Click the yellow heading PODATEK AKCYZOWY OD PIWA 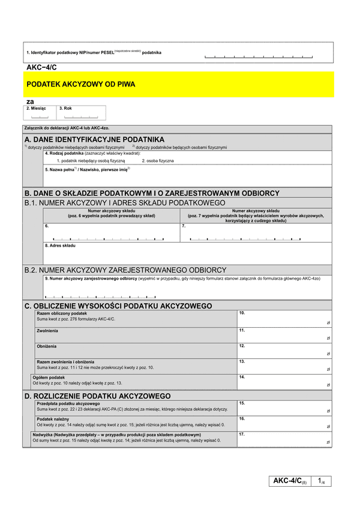pos(81,85)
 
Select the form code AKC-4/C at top pos(41,68)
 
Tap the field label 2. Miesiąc pos(36,109)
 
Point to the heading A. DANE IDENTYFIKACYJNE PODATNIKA pos(94,139)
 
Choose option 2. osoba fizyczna pos(158,161)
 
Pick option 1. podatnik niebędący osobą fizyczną pos(91,161)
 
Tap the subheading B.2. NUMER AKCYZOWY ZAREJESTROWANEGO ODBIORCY pos(125,270)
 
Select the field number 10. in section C pos(242,313)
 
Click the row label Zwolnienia pos(47,331)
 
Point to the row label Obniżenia pos(46,346)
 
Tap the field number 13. pos(242,361)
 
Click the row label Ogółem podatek pos(48,378)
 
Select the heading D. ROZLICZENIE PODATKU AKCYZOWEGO pos(97,396)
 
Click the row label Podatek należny pos(53,419)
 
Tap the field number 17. pos(242,434)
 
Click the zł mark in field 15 pos(328,411)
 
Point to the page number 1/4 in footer pos(321,481)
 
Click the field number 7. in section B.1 pos(184,226)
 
